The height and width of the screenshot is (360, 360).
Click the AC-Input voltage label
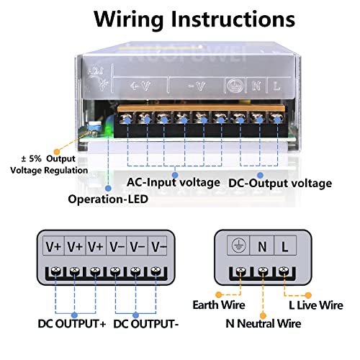(x=174, y=182)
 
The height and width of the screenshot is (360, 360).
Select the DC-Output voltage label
(x=279, y=183)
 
